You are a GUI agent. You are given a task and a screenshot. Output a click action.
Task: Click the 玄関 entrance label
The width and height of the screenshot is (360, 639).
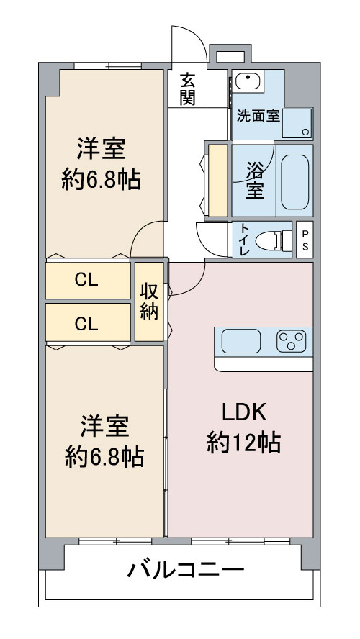click(x=187, y=89)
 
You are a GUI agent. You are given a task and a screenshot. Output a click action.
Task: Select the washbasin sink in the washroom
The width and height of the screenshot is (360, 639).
click(x=248, y=81)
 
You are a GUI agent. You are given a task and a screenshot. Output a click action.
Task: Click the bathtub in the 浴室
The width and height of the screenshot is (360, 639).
click(x=294, y=182)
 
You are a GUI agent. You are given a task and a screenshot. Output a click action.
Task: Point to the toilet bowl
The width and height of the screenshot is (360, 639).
click(x=274, y=240)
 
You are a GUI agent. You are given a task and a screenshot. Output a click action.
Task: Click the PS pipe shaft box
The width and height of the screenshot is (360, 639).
click(x=305, y=240)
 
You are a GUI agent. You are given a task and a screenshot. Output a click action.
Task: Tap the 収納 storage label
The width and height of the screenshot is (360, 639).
click(x=149, y=302)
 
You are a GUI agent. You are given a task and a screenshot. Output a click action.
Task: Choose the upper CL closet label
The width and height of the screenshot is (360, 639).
click(x=86, y=280)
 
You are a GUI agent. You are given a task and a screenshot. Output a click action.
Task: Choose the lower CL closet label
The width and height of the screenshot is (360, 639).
click(x=86, y=325)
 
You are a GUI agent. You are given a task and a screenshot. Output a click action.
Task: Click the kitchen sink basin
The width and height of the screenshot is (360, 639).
click(x=241, y=341)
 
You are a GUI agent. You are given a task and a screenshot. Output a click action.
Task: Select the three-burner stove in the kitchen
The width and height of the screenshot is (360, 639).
click(x=291, y=341)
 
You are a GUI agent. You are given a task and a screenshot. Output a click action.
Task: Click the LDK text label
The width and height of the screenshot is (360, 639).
click(x=244, y=413)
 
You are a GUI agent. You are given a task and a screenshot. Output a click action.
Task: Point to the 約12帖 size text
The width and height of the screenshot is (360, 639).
click(x=243, y=443)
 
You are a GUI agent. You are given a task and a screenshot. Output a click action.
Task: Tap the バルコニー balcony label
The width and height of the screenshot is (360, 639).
click(x=186, y=569)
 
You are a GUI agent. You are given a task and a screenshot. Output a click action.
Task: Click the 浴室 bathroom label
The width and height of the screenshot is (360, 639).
click(x=255, y=180)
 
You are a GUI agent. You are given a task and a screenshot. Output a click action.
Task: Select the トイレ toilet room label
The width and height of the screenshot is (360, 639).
click(x=244, y=240)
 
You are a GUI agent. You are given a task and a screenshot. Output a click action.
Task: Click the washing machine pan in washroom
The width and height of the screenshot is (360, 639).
click(x=297, y=123)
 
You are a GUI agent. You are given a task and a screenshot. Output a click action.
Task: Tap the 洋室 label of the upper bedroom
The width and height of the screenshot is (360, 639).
click(x=101, y=149)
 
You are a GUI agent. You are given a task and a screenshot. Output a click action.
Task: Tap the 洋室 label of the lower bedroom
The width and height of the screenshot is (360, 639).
click(x=104, y=426)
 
